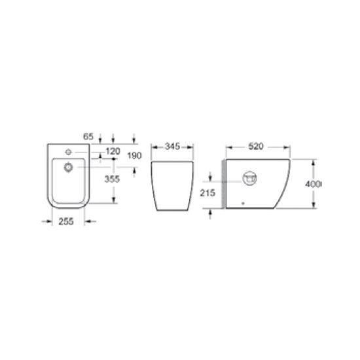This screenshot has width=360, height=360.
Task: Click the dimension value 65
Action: (88, 137)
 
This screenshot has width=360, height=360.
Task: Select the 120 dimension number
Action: (113, 151)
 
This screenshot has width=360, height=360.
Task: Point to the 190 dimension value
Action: (134, 156)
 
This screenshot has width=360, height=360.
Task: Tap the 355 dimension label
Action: (112, 179)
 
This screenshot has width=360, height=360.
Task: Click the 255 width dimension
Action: (66, 221)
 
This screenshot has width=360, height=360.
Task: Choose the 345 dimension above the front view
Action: (172, 146)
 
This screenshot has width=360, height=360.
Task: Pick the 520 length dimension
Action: (256, 146)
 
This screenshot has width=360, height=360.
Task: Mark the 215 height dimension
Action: (207, 193)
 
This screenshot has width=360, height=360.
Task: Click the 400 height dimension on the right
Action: (312, 184)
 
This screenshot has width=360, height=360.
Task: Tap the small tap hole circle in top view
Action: (69, 152)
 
